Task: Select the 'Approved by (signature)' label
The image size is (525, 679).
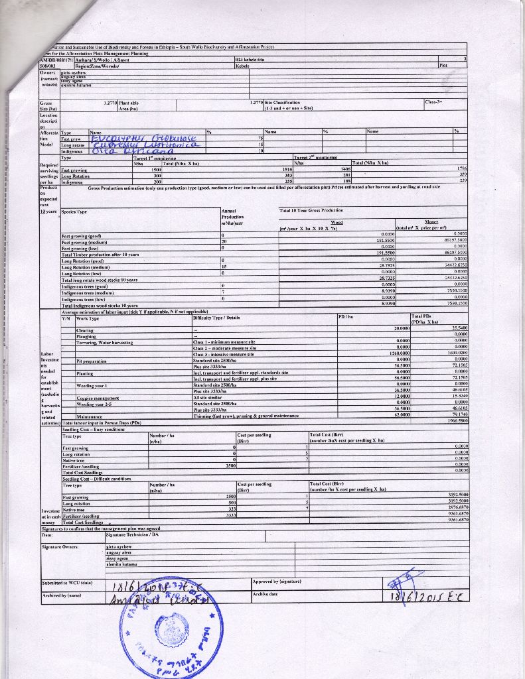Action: tap(277, 581)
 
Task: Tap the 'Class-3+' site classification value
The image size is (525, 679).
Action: tap(435, 102)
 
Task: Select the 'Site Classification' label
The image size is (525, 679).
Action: tap(283, 103)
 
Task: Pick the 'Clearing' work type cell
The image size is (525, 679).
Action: tap(85, 330)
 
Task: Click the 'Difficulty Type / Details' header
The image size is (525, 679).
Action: tap(216, 318)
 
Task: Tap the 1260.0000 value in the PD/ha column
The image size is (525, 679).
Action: tap(404, 354)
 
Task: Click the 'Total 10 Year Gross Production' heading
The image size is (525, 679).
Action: tap(311, 210)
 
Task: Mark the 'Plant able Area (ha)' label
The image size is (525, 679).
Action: tap(129, 105)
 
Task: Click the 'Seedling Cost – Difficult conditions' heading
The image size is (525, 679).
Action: tap(96, 478)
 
